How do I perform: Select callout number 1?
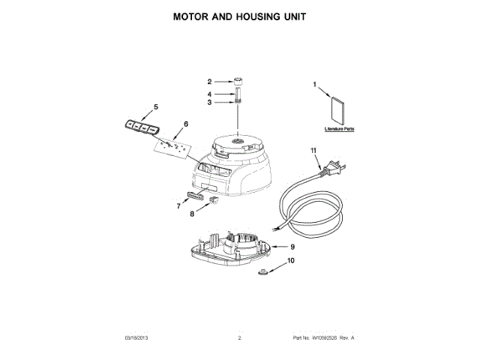(x=315, y=85)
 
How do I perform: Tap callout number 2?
(x=210, y=81)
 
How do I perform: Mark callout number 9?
(x=292, y=246)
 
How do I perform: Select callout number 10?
(x=292, y=260)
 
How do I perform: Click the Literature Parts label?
(x=340, y=129)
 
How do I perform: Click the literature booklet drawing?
(x=337, y=111)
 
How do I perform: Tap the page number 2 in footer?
(x=239, y=340)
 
